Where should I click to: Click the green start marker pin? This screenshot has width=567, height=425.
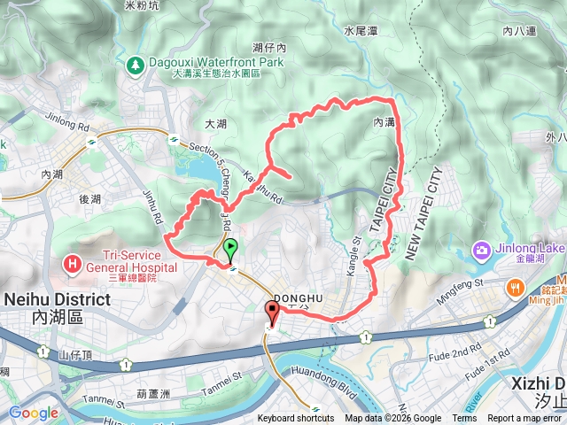pyautogui.click(x=230, y=249)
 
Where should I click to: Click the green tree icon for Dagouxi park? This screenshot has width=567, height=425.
pyautogui.click(x=134, y=64)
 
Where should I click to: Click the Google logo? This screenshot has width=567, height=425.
pyautogui.click(x=33, y=413)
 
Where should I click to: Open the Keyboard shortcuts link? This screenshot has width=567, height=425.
pyautogui.click(x=296, y=419)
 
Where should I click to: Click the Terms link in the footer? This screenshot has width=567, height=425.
pyautogui.click(x=463, y=419)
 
